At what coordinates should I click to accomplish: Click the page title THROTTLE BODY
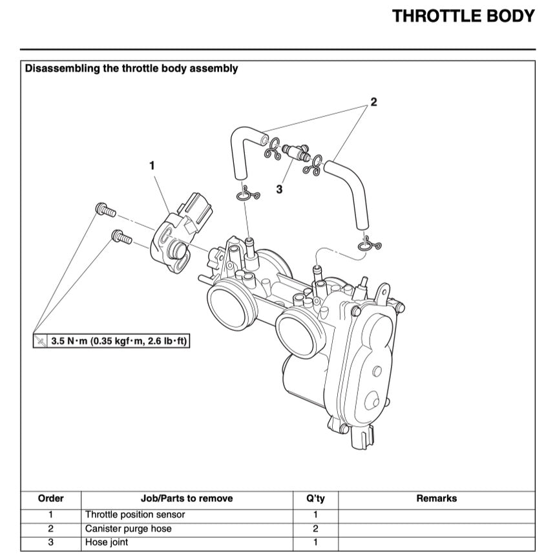coord(463,16)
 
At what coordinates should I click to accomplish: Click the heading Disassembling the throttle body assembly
coord(131,68)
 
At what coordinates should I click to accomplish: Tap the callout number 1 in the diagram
coord(152,165)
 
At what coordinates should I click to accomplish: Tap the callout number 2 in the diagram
coord(373,102)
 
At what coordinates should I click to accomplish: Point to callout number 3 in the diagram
coord(279,189)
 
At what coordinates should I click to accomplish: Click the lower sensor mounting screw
coord(121,237)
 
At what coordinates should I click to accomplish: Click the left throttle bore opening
coord(229,305)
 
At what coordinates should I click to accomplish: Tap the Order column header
coord(51,499)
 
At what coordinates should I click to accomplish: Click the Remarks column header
coord(436,499)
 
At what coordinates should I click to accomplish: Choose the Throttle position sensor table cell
coord(135,515)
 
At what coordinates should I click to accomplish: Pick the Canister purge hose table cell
coord(129,529)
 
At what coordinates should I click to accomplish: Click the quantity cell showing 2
coord(315,529)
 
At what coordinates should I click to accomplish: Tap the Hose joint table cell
coord(107,543)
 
